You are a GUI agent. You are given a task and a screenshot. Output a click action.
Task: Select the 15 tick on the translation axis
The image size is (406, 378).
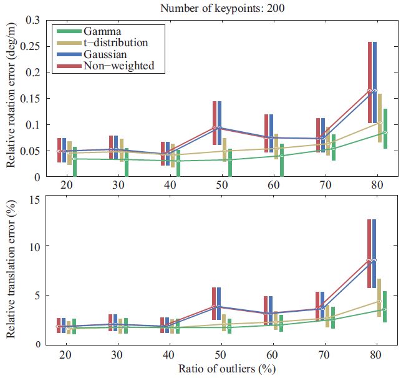tap(35, 199)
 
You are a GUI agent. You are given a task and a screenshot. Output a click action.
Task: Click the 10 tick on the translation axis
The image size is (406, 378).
tap(35, 246)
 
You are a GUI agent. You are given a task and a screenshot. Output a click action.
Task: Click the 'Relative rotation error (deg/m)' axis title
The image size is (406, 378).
tap(11, 98)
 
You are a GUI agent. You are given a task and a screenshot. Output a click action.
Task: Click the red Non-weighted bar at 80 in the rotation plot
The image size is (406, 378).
tap(370, 81)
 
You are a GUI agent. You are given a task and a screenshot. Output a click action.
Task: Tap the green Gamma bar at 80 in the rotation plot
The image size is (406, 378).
tap(385, 128)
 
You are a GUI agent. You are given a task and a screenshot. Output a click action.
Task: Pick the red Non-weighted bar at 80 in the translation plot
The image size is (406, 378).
tap(370, 253)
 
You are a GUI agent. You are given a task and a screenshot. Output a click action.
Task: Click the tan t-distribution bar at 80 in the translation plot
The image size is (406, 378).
tap(380, 297)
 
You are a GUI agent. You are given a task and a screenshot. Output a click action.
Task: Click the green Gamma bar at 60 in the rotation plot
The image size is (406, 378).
tap(281, 159)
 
